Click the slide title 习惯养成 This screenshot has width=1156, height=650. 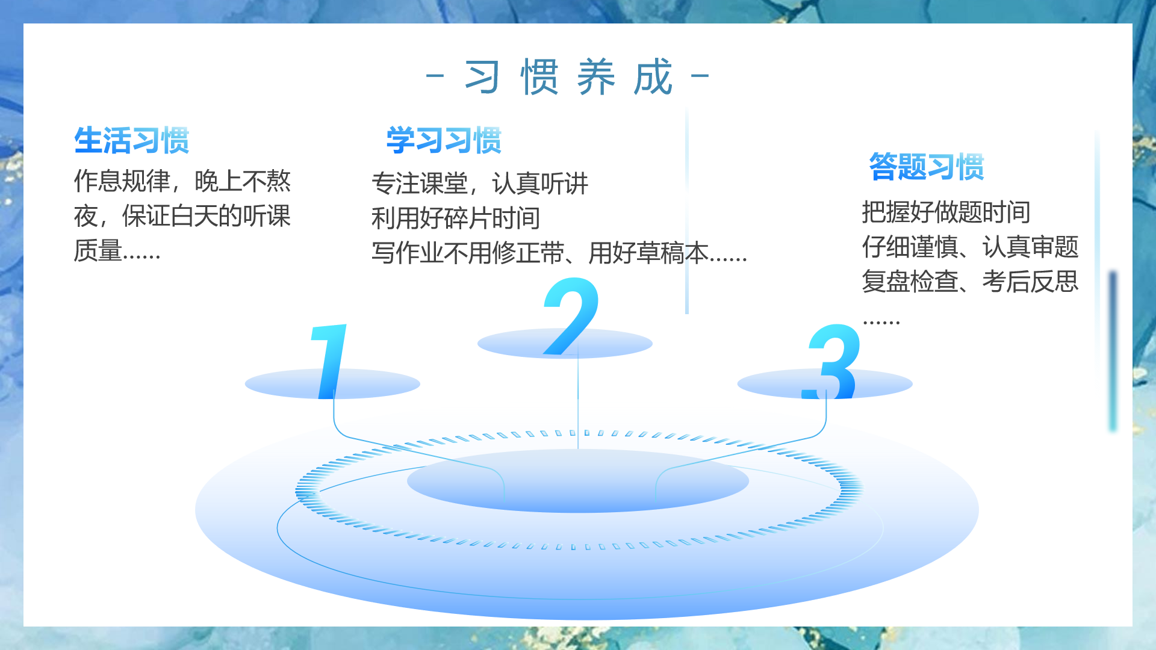coord(568,77)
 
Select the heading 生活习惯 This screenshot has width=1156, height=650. coord(132,141)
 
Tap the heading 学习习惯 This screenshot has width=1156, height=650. coord(444,141)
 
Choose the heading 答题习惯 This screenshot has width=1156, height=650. coord(926,167)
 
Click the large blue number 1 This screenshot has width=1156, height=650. coord(329,361)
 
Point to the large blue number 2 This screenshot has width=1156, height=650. coord(571,316)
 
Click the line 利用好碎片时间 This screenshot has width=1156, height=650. coord(456,218)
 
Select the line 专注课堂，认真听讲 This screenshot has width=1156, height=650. coord(480,184)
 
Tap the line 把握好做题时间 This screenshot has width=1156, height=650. coord(946,212)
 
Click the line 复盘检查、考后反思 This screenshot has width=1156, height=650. coord(970,281)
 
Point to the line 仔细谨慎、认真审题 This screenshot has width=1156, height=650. coord(970,247)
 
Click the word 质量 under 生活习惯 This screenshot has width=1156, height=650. coord(98,250)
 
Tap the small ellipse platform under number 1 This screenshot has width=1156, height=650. coord(332,384)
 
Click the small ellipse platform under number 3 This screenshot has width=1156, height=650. coord(825,384)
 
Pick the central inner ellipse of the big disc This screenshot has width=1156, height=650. coord(578,481)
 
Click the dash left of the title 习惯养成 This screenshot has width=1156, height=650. coord(435,76)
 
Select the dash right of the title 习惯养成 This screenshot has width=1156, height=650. coord(700,76)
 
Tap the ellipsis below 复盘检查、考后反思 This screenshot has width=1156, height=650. coord(881,323)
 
